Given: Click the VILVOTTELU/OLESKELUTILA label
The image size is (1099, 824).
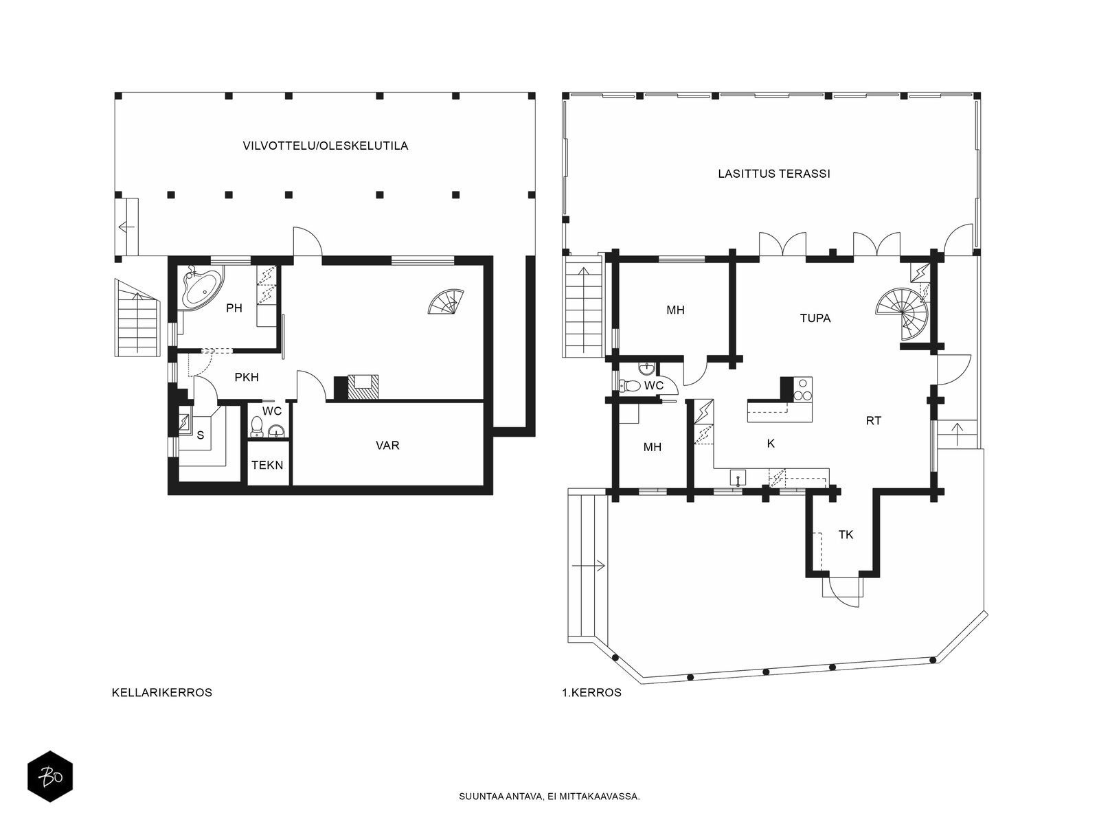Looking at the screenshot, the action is point(326,146).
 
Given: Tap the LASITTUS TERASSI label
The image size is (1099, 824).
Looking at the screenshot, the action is point(774,174).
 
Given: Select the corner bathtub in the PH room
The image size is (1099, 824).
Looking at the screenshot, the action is point(202,288).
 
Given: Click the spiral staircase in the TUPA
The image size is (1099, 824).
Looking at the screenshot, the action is point(903,314).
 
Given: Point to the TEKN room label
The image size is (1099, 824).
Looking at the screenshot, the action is point(267,466).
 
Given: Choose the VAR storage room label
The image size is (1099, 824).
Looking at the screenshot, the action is point(387,445).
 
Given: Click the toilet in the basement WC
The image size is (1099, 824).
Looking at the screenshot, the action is point(256,426).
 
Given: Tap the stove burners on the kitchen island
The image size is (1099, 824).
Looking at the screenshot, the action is point(802,390).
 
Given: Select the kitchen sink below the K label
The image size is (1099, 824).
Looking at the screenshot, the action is point(738,478).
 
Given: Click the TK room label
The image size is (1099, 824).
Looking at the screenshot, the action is point(846,535).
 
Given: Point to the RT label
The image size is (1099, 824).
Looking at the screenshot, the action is point(873,421).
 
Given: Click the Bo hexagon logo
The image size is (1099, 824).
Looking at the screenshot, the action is point(50,777).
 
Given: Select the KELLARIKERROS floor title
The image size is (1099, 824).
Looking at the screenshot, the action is point(162,692).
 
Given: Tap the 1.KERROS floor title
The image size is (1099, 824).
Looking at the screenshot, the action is point(592,692).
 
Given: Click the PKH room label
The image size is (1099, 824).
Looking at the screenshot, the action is point(247,377).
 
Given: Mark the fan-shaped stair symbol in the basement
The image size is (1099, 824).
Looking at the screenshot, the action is point(446,301).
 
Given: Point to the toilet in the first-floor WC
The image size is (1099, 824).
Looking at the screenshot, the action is point(630,386).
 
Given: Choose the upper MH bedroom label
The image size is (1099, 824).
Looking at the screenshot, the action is point(675,310).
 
